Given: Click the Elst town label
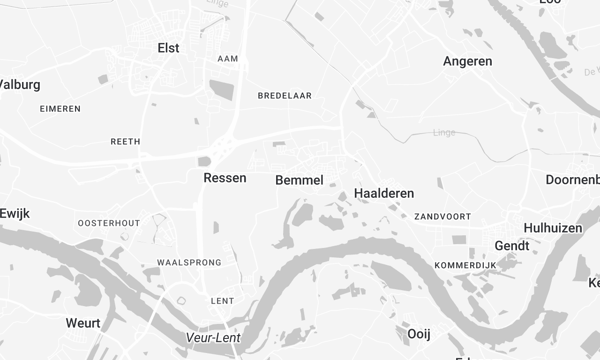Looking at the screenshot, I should pyautogui.click(x=168, y=47).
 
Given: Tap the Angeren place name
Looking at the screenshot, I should pyautogui.click(x=467, y=61).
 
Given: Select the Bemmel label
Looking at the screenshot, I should pyautogui.click(x=299, y=180).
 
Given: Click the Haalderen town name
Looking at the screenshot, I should pyautogui.click(x=383, y=193).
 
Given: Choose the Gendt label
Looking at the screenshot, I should pyautogui.click(x=511, y=246).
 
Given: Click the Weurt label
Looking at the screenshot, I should pyautogui.click(x=82, y=322).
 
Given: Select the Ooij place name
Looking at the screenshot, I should pyautogui.click(x=418, y=332).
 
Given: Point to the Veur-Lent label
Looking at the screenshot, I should pyautogui.click(x=213, y=338).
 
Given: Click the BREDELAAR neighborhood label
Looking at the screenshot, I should pyautogui.click(x=285, y=96).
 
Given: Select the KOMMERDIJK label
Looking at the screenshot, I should pyautogui.click(x=466, y=264).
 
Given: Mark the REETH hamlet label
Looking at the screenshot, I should pyautogui.click(x=125, y=142).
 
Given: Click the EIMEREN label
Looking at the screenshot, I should pyautogui.click(x=60, y=108).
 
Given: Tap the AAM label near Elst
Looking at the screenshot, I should pyautogui.click(x=227, y=59).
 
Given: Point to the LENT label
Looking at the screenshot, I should pyautogui.click(x=223, y=301).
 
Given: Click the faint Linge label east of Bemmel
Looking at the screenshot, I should pyautogui.click(x=443, y=132).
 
